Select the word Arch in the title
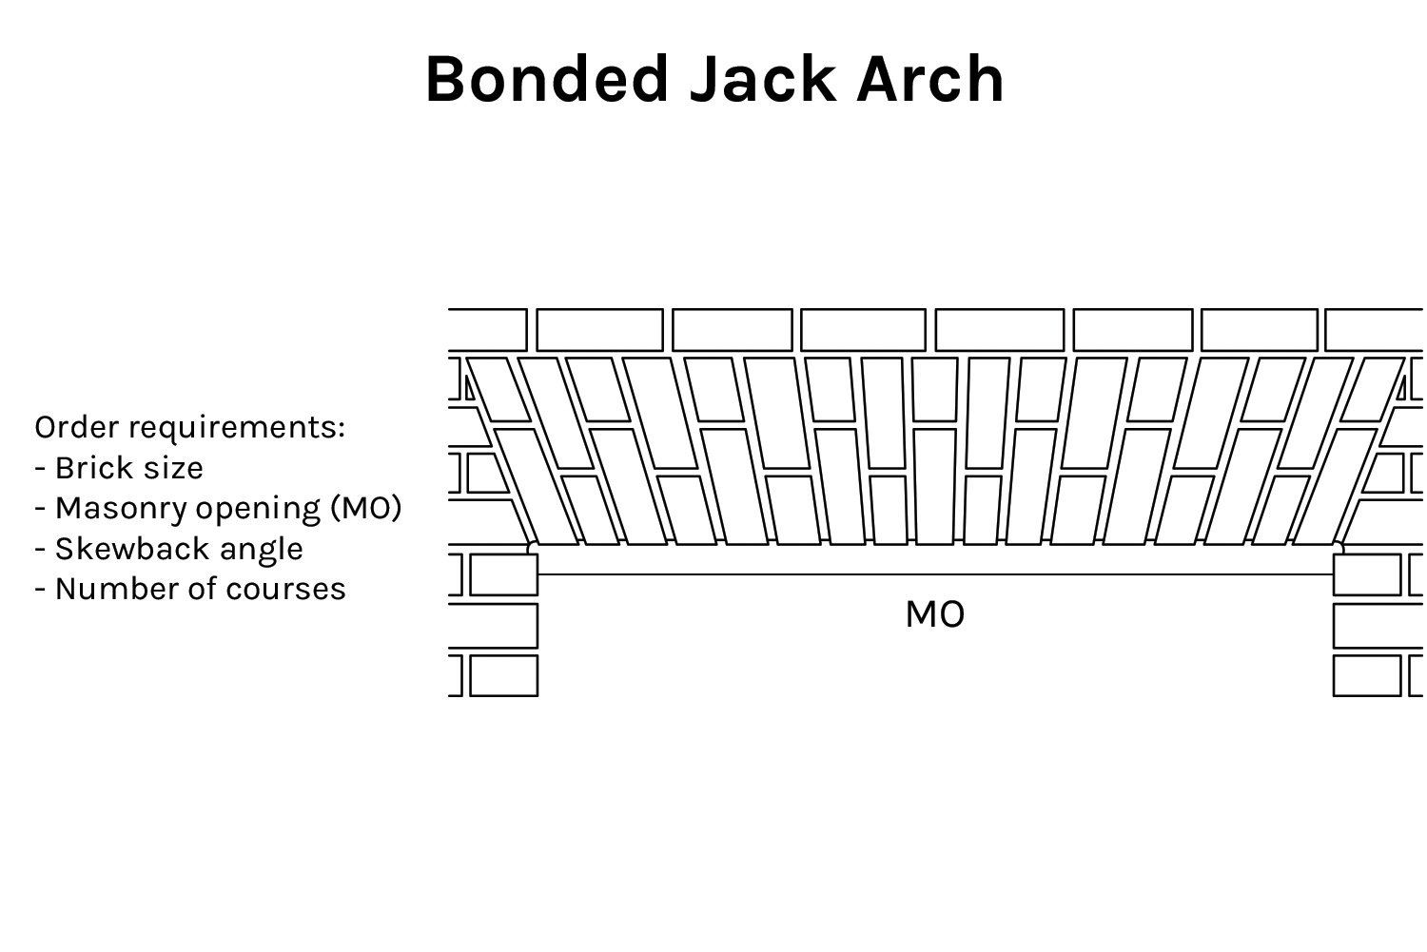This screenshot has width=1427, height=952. [x=929, y=79]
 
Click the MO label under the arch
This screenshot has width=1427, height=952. [x=934, y=615]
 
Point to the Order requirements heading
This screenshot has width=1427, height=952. [x=189, y=427]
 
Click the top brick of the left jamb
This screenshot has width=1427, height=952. [x=503, y=574]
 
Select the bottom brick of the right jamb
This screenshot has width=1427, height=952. [x=1367, y=675]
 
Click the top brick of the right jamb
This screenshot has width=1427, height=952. [x=1367, y=574]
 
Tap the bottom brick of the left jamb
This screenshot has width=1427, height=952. [x=503, y=675]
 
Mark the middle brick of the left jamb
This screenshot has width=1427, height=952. [x=493, y=625]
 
